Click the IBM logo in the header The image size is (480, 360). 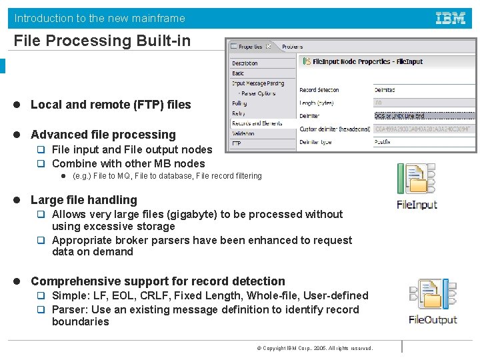(x=451, y=19)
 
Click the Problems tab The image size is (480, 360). (x=293, y=47)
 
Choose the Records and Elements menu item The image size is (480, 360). (x=257, y=123)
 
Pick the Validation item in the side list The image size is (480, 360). (x=244, y=133)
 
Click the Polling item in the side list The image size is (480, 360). (x=239, y=103)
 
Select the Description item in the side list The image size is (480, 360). (x=245, y=63)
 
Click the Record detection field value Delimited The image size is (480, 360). (x=385, y=90)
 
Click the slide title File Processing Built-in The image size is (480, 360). (x=103, y=41)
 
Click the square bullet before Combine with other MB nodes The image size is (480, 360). (x=40, y=163)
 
